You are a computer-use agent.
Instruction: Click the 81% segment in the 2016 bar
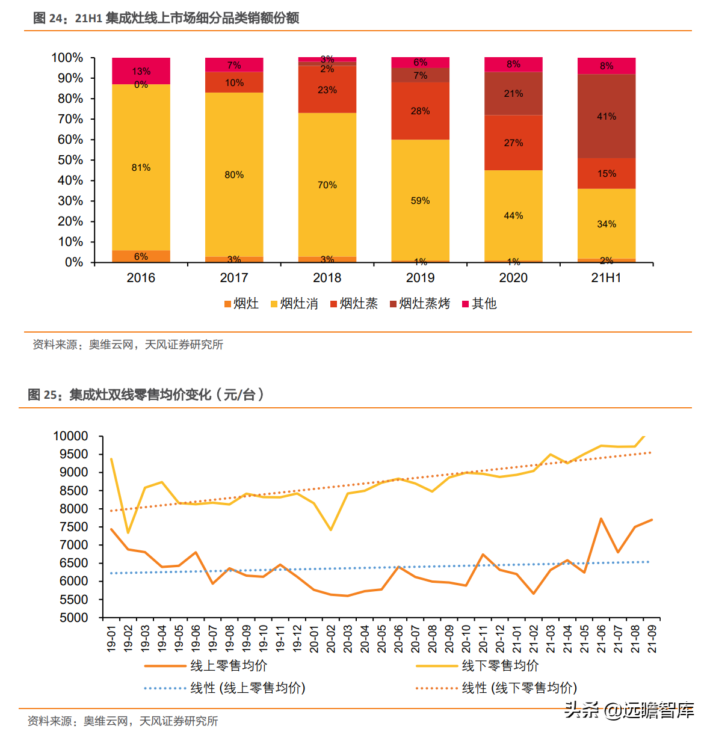[141, 167]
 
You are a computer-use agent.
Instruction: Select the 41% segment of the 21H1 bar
[607, 116]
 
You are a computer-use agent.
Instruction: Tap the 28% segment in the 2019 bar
[420, 111]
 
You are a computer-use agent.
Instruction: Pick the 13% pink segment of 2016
[141, 70]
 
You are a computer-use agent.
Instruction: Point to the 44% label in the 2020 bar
[513, 215]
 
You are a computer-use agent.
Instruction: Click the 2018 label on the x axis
[327, 278]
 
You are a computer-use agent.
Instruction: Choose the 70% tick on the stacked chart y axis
[70, 119]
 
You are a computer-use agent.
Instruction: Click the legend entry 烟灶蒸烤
[420, 304]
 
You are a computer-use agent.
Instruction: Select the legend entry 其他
[480, 304]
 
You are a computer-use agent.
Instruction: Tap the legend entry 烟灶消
[294, 304]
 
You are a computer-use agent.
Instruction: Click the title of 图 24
[166, 18]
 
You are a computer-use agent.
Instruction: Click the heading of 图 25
[146, 395]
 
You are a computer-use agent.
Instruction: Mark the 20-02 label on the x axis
[331, 639]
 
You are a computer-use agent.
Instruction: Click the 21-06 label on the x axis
[601, 639]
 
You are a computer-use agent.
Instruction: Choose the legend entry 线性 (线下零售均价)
[496, 688]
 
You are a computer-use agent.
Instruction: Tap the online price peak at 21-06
[601, 518]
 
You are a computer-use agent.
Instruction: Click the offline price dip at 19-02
[128, 533]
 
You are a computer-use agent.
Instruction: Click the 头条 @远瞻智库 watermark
[629, 710]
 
